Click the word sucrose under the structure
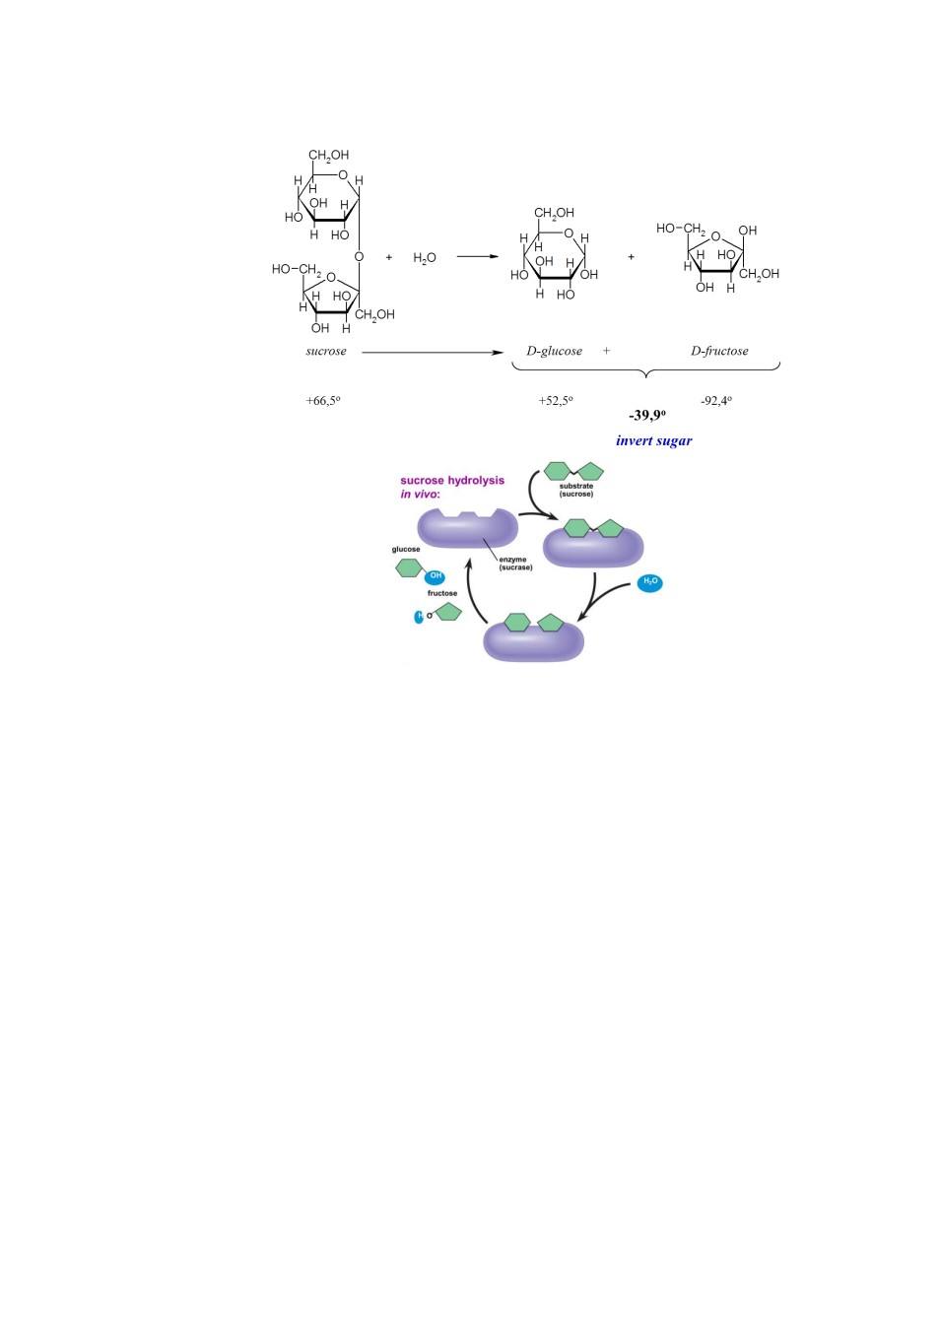(326, 351)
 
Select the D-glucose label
(554, 351)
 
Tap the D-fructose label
(719, 351)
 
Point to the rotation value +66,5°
(323, 401)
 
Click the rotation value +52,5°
(556, 401)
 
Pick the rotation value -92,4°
(716, 401)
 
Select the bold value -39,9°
(647, 415)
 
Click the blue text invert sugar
(654, 440)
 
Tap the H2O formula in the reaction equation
(425, 258)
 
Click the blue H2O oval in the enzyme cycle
(649, 582)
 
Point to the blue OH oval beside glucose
(435, 576)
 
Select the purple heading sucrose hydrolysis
(452, 481)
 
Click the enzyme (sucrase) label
(515, 564)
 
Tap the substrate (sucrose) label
(576, 490)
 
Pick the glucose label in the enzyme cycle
(406, 549)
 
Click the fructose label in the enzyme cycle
(442, 593)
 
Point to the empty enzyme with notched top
(467, 528)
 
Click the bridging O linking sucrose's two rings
(359, 256)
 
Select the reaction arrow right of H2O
(478, 256)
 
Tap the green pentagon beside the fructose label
(448, 612)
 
